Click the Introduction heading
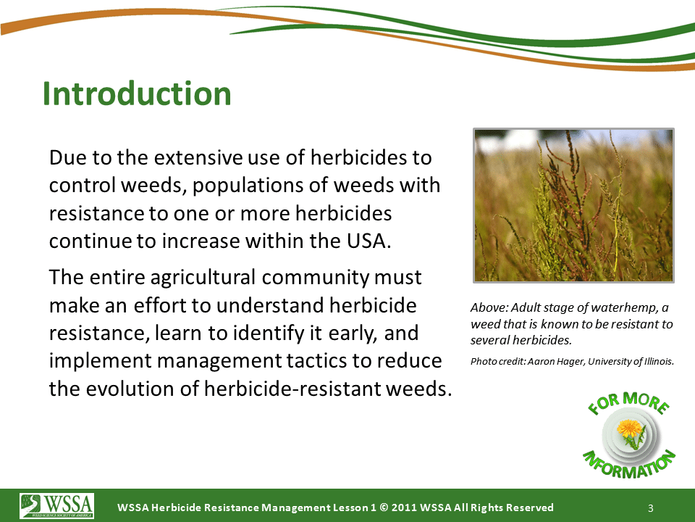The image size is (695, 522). (x=137, y=94)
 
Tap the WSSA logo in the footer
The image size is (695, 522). (x=56, y=506)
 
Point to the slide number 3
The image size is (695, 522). (x=651, y=508)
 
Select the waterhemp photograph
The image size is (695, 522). (x=573, y=205)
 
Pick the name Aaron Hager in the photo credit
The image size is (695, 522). (x=557, y=362)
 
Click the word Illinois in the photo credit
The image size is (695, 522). (x=659, y=361)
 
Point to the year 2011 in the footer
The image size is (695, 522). (x=403, y=507)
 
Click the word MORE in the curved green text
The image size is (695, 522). (x=646, y=401)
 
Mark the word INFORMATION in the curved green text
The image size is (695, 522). (x=628, y=464)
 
